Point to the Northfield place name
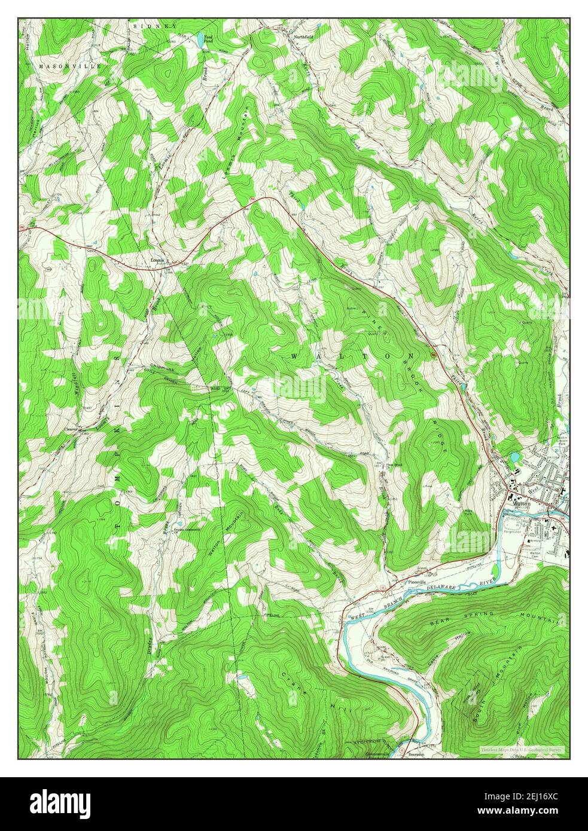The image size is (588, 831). [x=303, y=36]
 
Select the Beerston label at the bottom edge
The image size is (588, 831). [x=415, y=754]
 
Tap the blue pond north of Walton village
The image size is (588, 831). [x=513, y=459]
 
